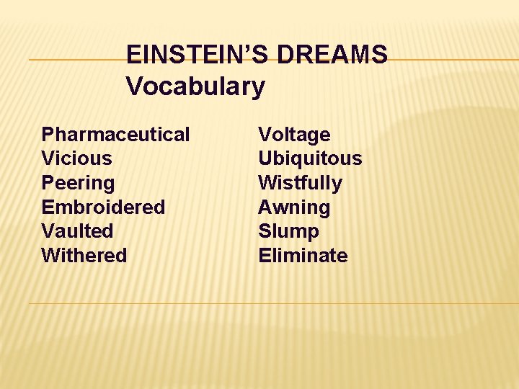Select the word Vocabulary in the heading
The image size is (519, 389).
[195, 87]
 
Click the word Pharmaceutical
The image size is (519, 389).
[115, 135]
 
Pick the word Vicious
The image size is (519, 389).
[76, 158]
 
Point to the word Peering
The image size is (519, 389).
[78, 183]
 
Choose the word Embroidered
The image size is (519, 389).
[103, 207]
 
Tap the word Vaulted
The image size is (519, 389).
[77, 231]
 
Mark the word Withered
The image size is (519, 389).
[84, 256]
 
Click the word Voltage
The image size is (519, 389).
[294, 135]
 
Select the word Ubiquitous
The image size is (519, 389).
[310, 158]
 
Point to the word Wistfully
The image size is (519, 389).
[300, 183]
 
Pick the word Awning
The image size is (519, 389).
[294, 207]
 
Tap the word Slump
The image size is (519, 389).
[288, 231]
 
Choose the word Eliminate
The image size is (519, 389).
[303, 256]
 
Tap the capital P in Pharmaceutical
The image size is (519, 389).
[48, 135]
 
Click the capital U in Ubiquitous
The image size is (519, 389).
[265, 158]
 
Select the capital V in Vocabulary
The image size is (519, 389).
[134, 87]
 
